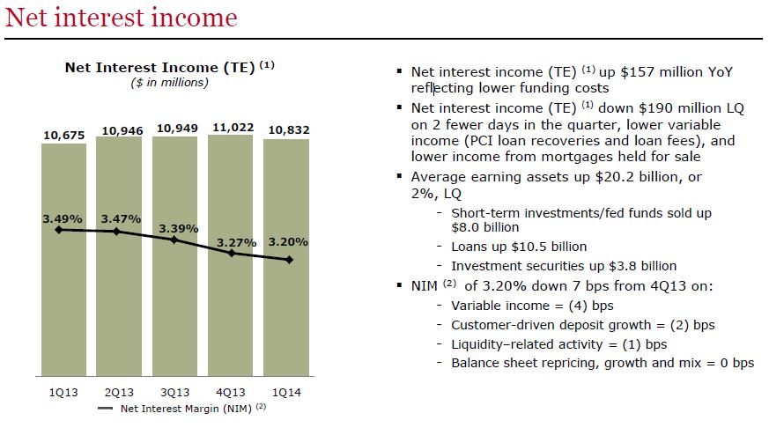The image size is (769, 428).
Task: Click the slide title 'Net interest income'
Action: pos(121,18)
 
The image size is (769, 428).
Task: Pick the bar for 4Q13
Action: pos(231,299)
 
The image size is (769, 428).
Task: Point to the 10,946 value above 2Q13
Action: pos(120,130)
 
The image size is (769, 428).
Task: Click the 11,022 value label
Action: pos(231,128)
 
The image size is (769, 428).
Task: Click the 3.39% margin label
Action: pos(178,227)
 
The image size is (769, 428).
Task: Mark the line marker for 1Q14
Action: pos(289,260)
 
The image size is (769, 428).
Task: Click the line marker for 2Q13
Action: pos(117,232)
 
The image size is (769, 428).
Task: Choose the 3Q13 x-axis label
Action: pos(175,393)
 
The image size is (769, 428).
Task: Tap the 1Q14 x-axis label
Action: pos(287,393)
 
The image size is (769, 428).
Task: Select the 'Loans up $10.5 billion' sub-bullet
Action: pos(519,247)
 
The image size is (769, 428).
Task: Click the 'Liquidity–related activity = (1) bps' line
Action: pos(558,343)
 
